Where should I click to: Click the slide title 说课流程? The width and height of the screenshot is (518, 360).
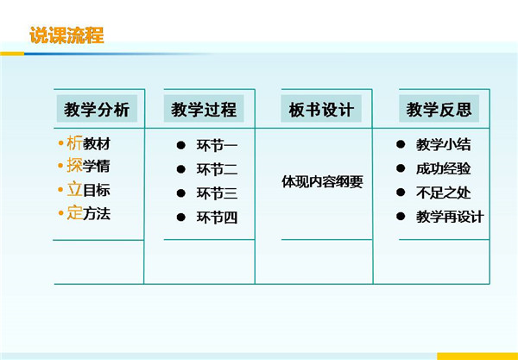pyautogui.click(x=67, y=35)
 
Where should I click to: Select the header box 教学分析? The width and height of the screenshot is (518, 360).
pyautogui.click(x=97, y=109)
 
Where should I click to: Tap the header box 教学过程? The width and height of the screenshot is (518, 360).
pyautogui.click(x=204, y=109)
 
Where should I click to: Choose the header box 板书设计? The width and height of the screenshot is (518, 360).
pyautogui.click(x=321, y=109)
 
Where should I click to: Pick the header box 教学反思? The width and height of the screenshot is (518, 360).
pyautogui.click(x=439, y=109)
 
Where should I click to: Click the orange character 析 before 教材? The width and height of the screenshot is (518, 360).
pyautogui.click(x=74, y=143)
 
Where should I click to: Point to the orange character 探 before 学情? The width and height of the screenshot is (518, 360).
pyautogui.click(x=74, y=166)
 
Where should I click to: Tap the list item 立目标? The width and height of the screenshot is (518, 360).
pyautogui.click(x=89, y=190)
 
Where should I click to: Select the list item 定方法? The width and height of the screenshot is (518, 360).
pyautogui.click(x=89, y=213)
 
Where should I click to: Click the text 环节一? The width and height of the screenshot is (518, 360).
pyautogui.click(x=217, y=146)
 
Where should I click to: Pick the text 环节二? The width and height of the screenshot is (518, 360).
pyautogui.click(x=217, y=169)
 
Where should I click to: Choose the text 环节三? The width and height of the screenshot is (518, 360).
pyautogui.click(x=217, y=193)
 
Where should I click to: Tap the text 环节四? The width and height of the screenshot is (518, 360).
pyautogui.click(x=217, y=218)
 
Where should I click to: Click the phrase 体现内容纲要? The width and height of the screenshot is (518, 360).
pyautogui.click(x=322, y=181)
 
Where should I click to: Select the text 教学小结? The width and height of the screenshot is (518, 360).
pyautogui.click(x=444, y=145)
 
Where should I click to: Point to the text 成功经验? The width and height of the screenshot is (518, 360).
pyautogui.click(x=444, y=168)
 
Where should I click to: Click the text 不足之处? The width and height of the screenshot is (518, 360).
pyautogui.click(x=444, y=193)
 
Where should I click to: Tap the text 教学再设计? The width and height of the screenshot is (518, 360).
pyautogui.click(x=450, y=217)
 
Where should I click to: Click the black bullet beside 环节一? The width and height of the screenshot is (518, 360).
pyautogui.click(x=180, y=145)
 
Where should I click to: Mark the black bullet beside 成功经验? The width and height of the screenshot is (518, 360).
pyautogui.click(x=401, y=168)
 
